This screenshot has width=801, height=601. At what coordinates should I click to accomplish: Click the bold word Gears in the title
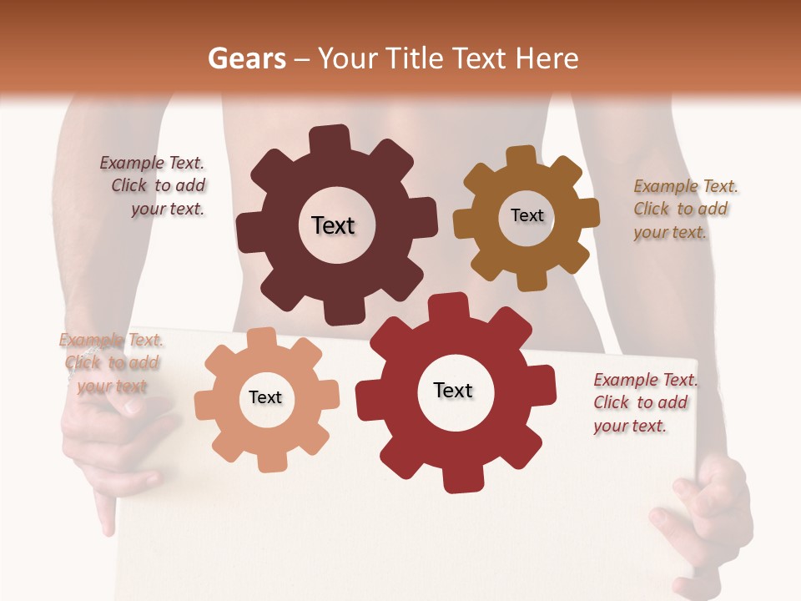pyautogui.click(x=246, y=58)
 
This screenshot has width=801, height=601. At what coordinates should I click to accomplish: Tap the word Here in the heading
pyautogui.click(x=547, y=58)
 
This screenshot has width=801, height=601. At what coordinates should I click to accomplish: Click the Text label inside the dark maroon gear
pyautogui.click(x=333, y=225)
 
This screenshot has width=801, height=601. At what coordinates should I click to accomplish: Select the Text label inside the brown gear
pyautogui.click(x=526, y=215)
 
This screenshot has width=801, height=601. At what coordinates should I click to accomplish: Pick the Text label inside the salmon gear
pyautogui.click(x=265, y=398)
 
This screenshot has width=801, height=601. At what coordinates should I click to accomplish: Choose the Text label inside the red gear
pyautogui.click(x=453, y=391)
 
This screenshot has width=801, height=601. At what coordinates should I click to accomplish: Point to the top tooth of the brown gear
pyautogui.click(x=521, y=157)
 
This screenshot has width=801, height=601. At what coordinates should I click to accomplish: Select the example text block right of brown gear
pyautogui.click(x=684, y=210)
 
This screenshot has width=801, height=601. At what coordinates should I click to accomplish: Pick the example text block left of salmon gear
pyautogui.click(x=110, y=363)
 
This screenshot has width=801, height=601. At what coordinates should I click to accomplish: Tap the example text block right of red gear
pyautogui.click(x=644, y=403)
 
